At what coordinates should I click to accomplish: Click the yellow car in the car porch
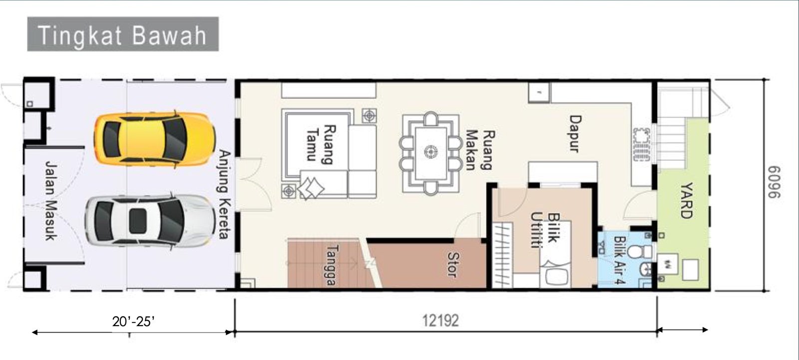pos(154,139)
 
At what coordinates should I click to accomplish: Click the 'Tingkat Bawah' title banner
pos(123,34)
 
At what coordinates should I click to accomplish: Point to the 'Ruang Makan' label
pos(480,150)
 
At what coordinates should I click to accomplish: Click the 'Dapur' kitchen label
pos(575,133)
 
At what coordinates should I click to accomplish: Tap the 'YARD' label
pos(686,200)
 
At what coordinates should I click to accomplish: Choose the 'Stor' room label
pos(452,264)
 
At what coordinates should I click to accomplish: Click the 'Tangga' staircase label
pos(332,265)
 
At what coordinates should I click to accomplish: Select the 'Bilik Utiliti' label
pos(545,231)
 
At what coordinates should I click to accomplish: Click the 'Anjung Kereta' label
pos(225,194)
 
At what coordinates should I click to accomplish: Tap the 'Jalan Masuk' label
pos(52,201)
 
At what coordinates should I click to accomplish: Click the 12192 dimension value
pos(440,321)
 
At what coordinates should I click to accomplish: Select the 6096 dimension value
pos(774,182)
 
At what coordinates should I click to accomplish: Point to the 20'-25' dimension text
pos(133,322)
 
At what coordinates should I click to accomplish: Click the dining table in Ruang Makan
pos(431,153)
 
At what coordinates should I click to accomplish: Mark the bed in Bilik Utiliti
pos(555,254)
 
